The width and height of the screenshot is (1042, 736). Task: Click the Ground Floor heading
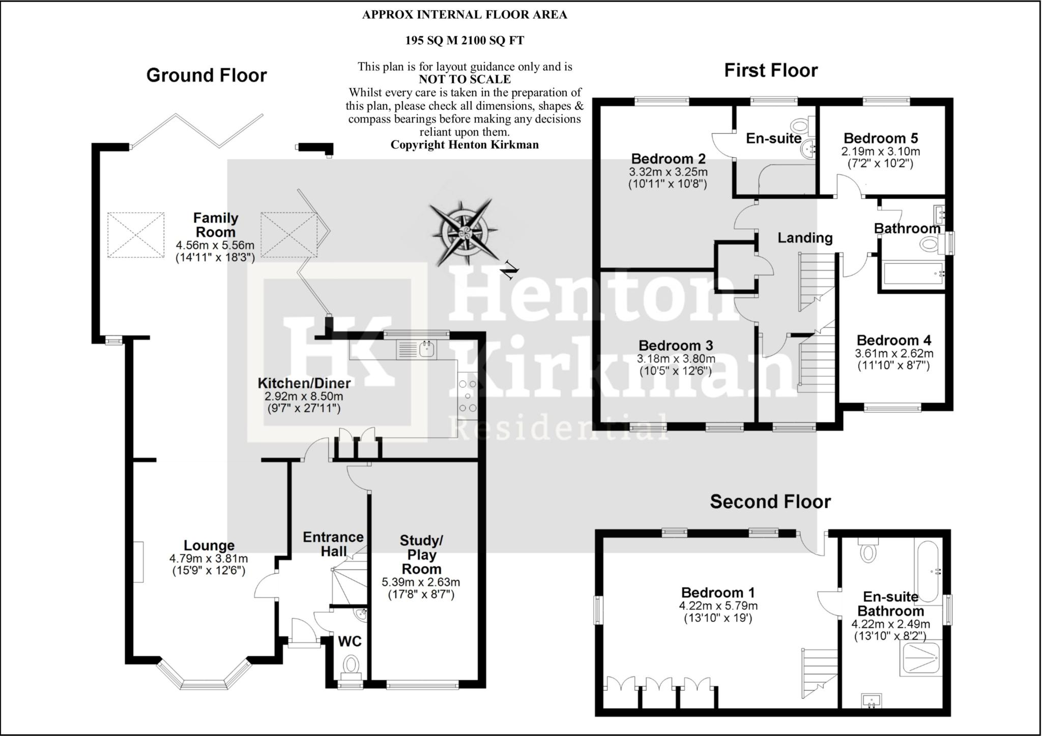pos(206,75)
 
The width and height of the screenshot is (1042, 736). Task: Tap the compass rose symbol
pos(464,232)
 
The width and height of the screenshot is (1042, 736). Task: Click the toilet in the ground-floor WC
pos(351,664)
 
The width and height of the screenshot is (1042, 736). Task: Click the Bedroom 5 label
pos(881,138)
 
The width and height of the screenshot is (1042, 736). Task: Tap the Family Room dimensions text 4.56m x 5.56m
pos(215,246)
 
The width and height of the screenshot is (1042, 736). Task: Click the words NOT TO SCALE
pos(465,79)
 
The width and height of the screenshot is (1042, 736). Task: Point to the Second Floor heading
pos(770,502)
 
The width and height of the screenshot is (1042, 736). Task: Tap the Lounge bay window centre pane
pos(202,684)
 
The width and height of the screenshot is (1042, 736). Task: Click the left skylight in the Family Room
pos(136,235)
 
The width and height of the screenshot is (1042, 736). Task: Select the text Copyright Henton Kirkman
pos(464,145)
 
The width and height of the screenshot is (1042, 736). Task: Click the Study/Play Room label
pos(421,555)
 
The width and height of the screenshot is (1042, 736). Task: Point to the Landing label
pos(805,238)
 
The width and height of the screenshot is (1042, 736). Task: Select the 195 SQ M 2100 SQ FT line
pos(464,41)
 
